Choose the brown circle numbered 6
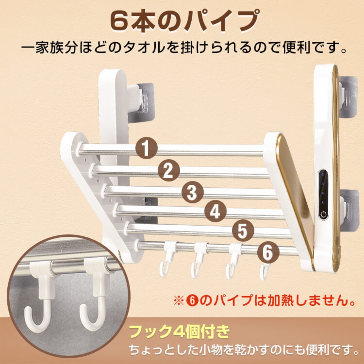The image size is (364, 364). (x=268, y=252)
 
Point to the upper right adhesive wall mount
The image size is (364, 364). (x=348, y=98)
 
